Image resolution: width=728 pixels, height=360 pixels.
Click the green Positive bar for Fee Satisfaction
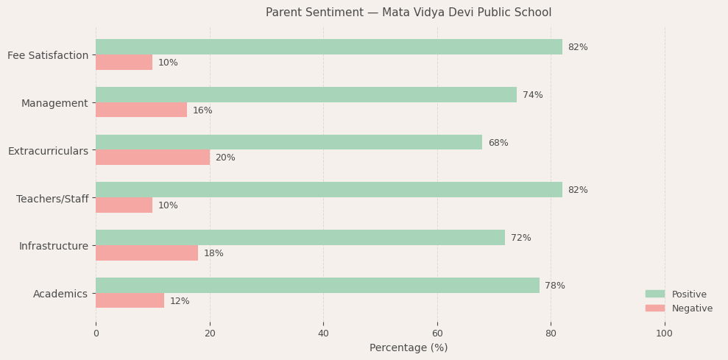[328, 47]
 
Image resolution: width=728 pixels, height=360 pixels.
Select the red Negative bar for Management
[141, 110]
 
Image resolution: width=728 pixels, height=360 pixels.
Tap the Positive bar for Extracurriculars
[289, 143]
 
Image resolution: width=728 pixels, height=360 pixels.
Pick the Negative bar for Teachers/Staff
[124, 205]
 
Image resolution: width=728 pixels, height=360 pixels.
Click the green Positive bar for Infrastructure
[300, 238]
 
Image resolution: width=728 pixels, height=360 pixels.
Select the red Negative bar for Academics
[130, 300]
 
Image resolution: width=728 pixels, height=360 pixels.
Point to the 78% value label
[555, 286]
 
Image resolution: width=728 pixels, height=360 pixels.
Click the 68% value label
[498, 143]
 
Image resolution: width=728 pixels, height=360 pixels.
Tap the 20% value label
[225, 158]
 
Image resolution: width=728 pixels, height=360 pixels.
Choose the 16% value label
[202, 110]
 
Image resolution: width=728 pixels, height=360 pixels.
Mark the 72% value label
[520, 238]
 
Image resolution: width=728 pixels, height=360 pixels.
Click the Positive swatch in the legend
[655, 294]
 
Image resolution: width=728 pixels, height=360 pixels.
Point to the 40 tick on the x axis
[323, 333]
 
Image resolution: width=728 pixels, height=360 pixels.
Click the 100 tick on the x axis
[664, 333]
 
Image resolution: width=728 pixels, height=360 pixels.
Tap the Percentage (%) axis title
[409, 347]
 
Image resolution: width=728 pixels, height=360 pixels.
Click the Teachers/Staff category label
[52, 199]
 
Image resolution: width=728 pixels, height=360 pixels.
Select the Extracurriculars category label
[48, 151]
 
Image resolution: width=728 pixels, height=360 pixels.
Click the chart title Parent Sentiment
[409, 13]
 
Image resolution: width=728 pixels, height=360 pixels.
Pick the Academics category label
[60, 294]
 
